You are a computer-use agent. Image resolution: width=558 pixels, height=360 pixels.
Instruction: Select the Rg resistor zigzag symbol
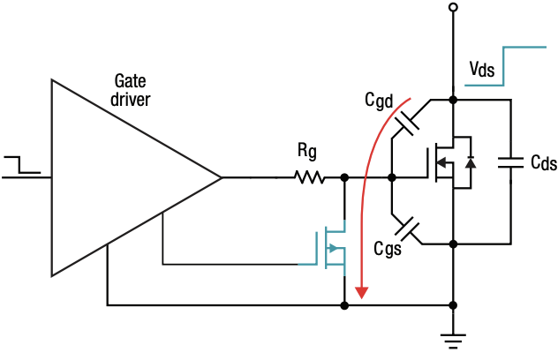pyautogui.click(x=310, y=177)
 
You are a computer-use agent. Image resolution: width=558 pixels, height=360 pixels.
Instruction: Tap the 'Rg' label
pyautogui.click(x=308, y=153)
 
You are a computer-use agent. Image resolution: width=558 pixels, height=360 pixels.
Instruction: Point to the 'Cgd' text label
pyautogui.click(x=380, y=101)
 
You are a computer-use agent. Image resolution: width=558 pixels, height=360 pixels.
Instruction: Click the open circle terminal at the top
pyautogui.click(x=452, y=8)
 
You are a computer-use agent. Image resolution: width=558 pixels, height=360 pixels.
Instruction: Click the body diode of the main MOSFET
pyautogui.click(x=471, y=162)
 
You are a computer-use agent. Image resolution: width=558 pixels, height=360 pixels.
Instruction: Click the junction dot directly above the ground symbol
pyautogui.click(x=452, y=305)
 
